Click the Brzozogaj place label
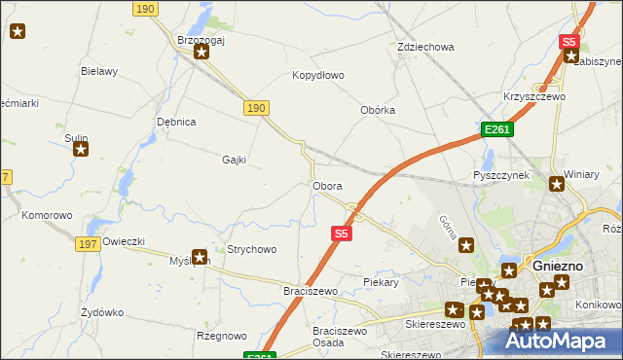point(201,39)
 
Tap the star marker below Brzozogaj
point(202,52)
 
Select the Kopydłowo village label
point(318,75)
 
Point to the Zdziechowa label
point(426,47)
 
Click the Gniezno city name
point(558,266)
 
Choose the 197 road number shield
point(86,243)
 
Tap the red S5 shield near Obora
point(340,234)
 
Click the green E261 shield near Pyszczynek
point(496,129)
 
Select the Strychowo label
point(251,250)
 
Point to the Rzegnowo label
point(221,336)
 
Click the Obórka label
point(378,110)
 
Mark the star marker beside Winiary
point(557,184)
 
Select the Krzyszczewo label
point(534,96)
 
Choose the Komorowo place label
point(48,215)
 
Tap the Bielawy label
point(99,71)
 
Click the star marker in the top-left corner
point(17,31)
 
